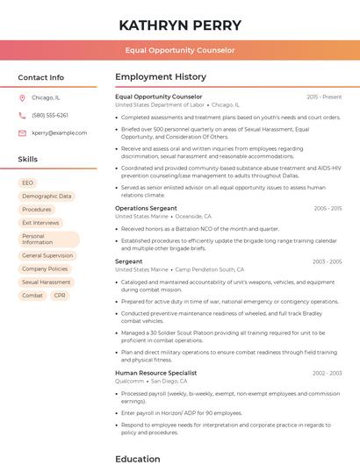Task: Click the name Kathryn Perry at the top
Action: point(179,25)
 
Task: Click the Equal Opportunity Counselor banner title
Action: point(179,50)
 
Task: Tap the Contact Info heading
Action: point(40,77)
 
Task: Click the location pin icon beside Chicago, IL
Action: point(22,97)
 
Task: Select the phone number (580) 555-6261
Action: point(49,115)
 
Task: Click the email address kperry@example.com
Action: point(54,132)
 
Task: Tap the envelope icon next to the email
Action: point(22,132)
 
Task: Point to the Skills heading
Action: point(27,160)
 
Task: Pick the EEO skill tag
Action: point(28,182)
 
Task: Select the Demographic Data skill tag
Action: point(47,196)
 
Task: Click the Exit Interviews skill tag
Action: point(40,223)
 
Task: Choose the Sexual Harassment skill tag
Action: point(46,283)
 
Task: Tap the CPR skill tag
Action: point(60,296)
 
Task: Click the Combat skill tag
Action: point(32,296)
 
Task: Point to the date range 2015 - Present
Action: point(324,97)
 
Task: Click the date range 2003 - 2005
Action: point(327,261)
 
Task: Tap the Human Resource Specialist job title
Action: point(155,373)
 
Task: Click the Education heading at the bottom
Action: point(138,458)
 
